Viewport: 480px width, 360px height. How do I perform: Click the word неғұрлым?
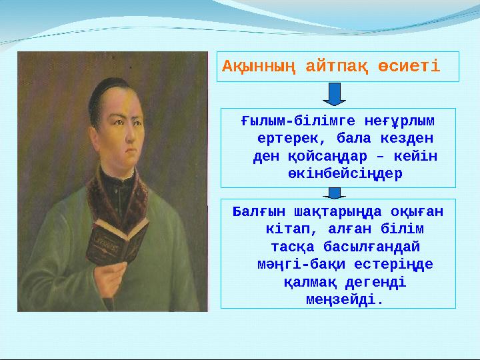coord(399,122)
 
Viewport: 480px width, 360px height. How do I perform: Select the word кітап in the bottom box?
coord(285,229)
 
